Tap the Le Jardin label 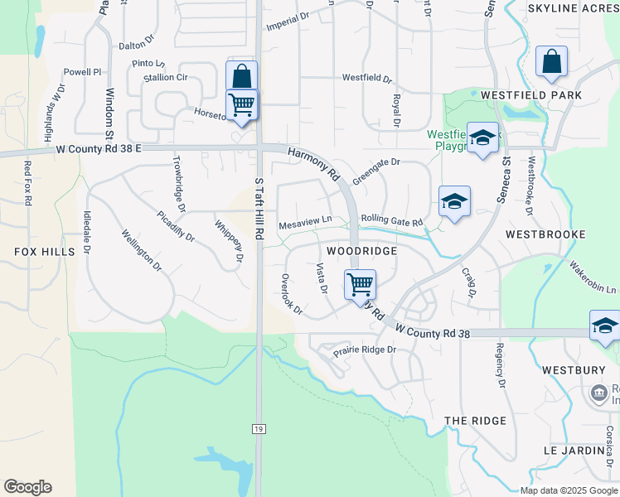574,450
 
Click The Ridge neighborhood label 475,421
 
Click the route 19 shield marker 259,427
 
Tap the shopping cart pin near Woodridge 360,285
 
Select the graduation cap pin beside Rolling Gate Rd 454,201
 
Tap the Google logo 27,487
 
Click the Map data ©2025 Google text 568,490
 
